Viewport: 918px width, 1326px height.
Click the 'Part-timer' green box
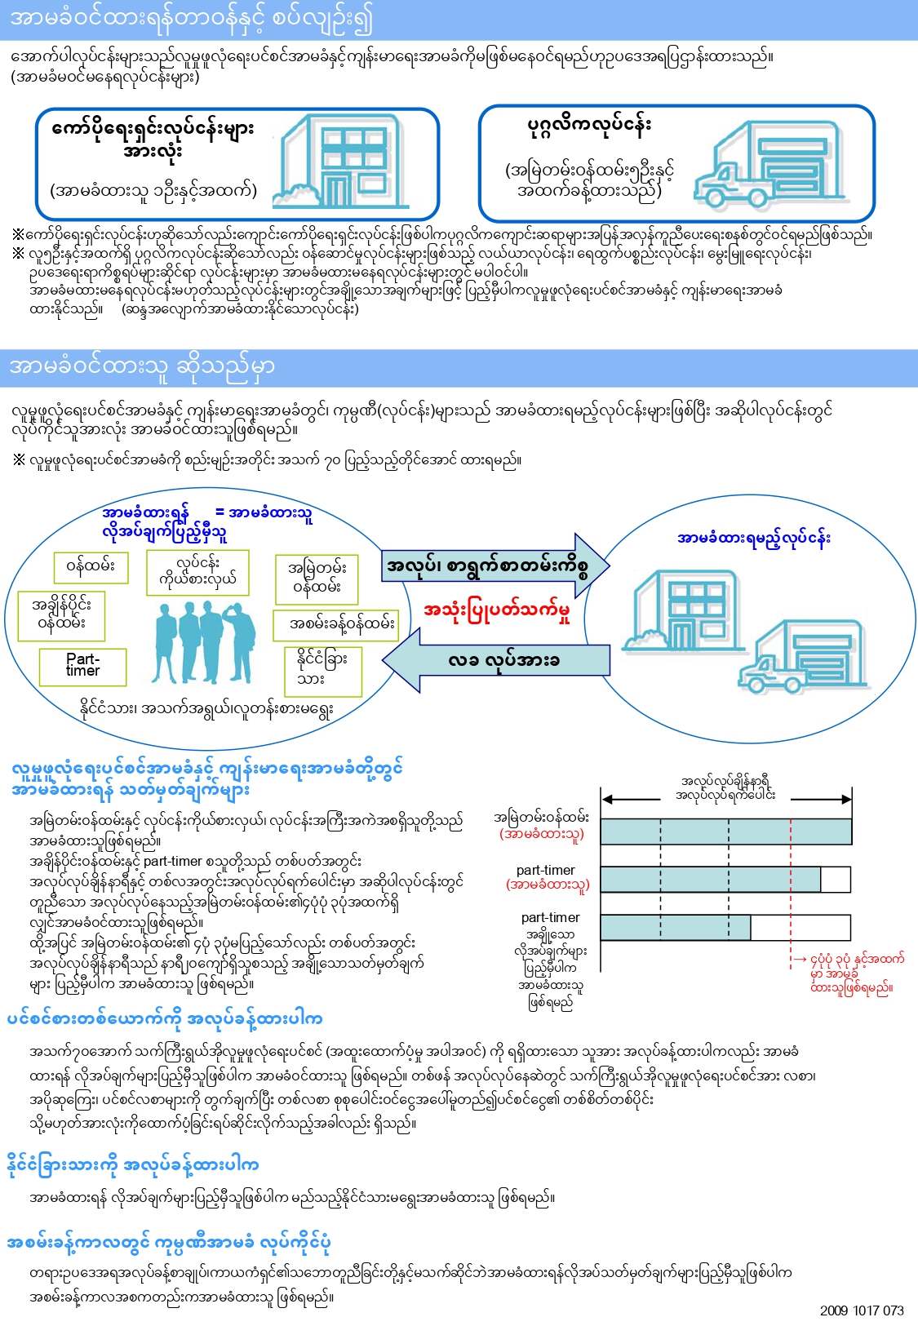83,667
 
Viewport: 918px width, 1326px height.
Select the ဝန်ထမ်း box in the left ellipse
91,567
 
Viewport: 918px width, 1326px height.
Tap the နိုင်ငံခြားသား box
323,672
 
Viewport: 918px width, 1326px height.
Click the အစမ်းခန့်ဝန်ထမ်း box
342,625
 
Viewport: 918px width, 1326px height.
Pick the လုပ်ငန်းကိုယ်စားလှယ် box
197,573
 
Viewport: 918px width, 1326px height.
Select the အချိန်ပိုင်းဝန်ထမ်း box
61,615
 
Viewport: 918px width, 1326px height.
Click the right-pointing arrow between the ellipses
494,565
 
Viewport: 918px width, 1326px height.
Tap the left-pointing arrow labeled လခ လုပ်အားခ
496,660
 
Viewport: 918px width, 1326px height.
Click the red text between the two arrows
497,612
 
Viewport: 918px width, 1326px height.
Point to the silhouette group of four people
204,643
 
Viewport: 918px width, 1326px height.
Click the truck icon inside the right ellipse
802,657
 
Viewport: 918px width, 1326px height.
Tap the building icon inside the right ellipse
682,610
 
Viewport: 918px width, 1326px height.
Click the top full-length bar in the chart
725,832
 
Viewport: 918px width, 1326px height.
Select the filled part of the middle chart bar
710,879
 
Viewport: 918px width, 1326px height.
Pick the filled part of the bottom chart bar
676,927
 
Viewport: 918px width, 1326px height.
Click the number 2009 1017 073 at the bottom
862,1310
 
